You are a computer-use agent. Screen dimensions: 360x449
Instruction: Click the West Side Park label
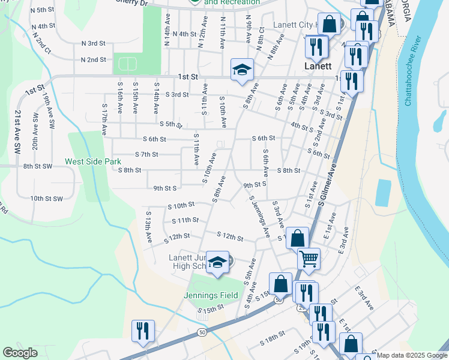(93, 161)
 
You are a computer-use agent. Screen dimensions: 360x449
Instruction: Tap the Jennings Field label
(208, 295)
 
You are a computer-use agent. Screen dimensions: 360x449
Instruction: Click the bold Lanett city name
(318, 66)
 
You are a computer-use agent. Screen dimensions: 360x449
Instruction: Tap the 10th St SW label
(47, 199)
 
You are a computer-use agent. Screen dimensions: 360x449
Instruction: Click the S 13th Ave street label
(147, 227)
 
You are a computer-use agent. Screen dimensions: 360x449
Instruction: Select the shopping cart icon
(309, 259)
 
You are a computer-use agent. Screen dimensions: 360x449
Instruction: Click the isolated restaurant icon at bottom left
(143, 331)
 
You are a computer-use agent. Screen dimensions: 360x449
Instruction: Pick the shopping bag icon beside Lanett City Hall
(329, 25)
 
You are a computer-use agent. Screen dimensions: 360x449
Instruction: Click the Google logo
(20, 353)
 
